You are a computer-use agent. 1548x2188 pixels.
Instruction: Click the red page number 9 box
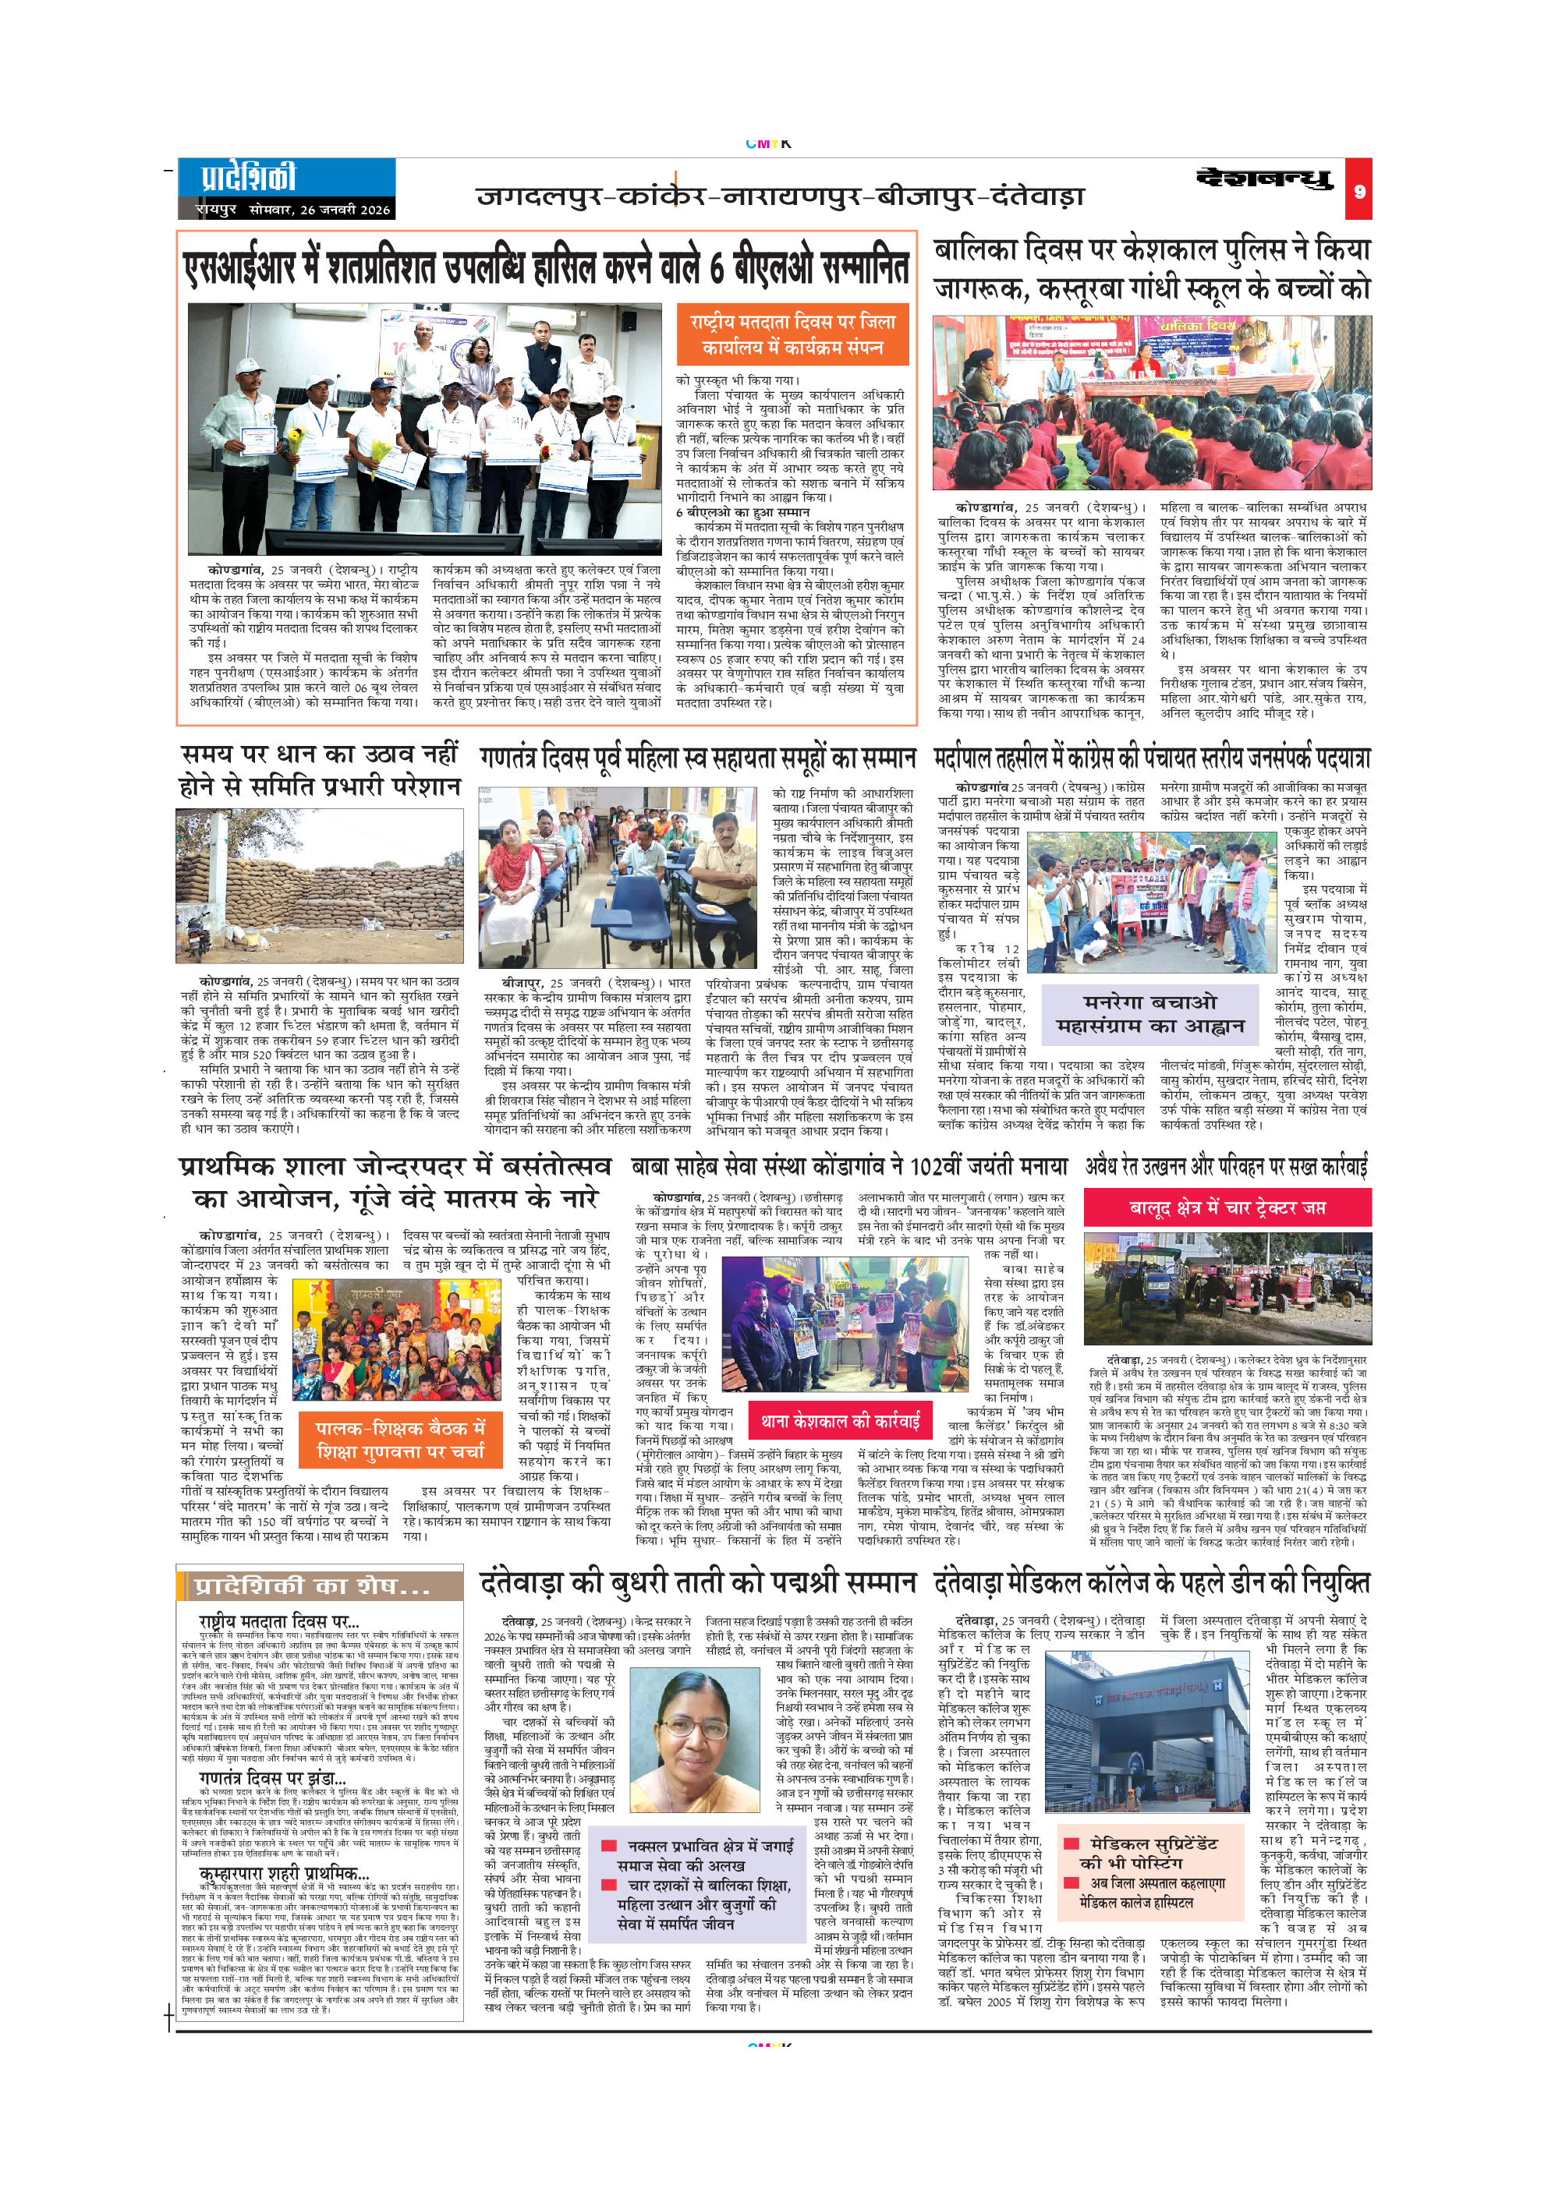pyautogui.click(x=1359, y=191)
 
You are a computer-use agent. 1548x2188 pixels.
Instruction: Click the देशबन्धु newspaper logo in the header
pyautogui.click(x=1264, y=179)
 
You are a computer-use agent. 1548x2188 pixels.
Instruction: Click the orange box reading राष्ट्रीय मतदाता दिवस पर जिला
pyautogui.click(x=792, y=334)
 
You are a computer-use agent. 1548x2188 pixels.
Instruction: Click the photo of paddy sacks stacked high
pyautogui.click(x=319, y=885)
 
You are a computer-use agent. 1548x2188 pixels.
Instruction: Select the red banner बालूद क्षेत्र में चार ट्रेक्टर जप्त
pyautogui.click(x=1227, y=1207)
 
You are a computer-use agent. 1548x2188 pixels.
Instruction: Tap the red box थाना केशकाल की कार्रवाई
pyautogui.click(x=840, y=1422)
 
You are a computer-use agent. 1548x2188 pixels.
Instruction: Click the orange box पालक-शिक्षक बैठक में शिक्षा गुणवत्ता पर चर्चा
pyautogui.click(x=400, y=1438)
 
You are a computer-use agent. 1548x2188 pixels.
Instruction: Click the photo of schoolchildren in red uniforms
pyautogui.click(x=1152, y=402)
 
